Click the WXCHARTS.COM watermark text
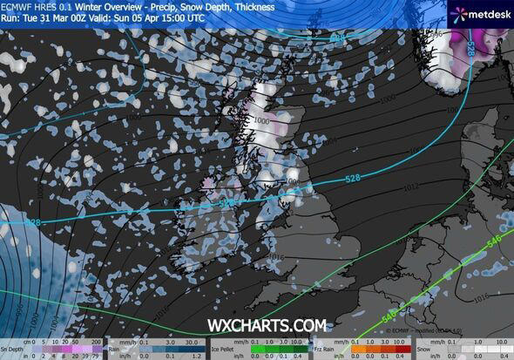267,324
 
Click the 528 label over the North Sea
353,179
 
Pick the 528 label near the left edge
33,222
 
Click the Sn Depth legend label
12,344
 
